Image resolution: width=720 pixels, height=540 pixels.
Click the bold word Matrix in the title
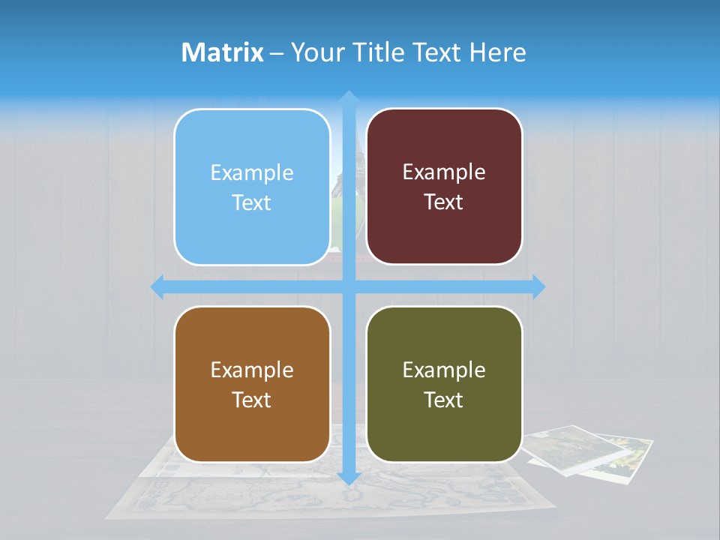223,52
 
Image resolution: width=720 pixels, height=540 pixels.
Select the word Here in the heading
497,52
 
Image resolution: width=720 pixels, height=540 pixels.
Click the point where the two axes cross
348,286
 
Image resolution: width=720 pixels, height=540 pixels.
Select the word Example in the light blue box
252,172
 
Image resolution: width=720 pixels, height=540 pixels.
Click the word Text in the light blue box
252,202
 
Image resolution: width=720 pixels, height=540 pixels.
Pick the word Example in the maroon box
444,172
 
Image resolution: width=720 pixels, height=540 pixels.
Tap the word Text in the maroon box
444,202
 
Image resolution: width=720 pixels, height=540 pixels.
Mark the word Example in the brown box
252,370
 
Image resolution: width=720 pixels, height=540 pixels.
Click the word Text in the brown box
252,400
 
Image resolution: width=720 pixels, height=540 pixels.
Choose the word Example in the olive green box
444,370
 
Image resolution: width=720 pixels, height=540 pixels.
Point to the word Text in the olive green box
444,400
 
